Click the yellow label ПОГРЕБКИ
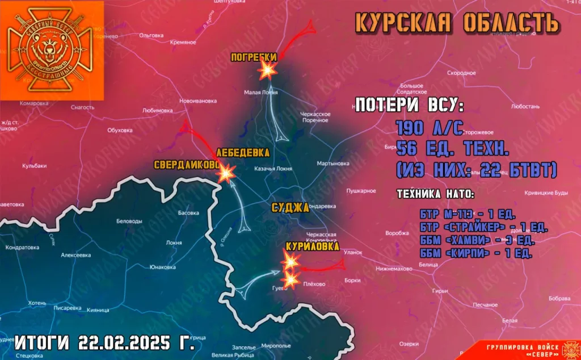pyautogui.click(x=254, y=57)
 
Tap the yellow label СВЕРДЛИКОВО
pyautogui.click(x=187, y=165)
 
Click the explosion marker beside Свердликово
pyautogui.click(x=228, y=174)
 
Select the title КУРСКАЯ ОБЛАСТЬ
pyautogui.click(x=457, y=23)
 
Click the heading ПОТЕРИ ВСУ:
pyautogui.click(x=409, y=105)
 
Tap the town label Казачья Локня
pyautogui.click(x=273, y=169)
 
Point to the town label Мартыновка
pyautogui.click(x=333, y=163)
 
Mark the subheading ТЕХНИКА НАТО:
pyautogui.click(x=436, y=194)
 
